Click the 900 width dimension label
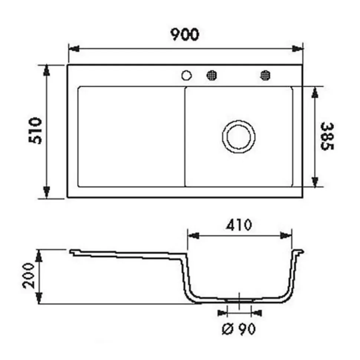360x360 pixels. [185, 34]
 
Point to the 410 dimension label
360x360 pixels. [239, 225]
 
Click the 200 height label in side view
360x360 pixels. [29, 277]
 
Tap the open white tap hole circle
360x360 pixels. [186, 76]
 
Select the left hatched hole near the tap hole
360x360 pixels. [212, 75]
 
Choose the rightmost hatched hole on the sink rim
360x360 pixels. [265, 75]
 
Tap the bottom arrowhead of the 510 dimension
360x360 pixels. [46, 192]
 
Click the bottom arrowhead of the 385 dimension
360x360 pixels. [315, 181]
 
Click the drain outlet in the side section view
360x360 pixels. [239, 299]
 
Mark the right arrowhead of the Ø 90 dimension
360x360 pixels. [256, 313]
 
